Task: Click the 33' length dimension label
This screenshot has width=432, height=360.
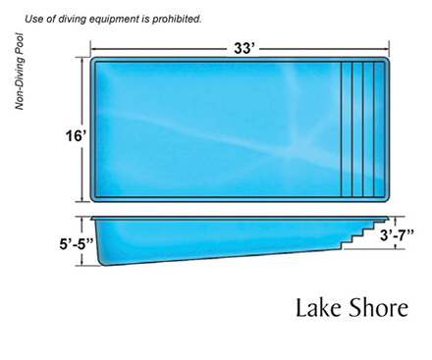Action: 243,49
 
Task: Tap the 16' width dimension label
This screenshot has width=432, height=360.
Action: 76,135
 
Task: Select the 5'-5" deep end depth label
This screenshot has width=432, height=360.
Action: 77,244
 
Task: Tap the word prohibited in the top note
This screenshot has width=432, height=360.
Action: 177,19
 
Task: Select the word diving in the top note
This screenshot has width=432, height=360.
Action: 70,19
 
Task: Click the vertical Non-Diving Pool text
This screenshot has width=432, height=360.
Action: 20,72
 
